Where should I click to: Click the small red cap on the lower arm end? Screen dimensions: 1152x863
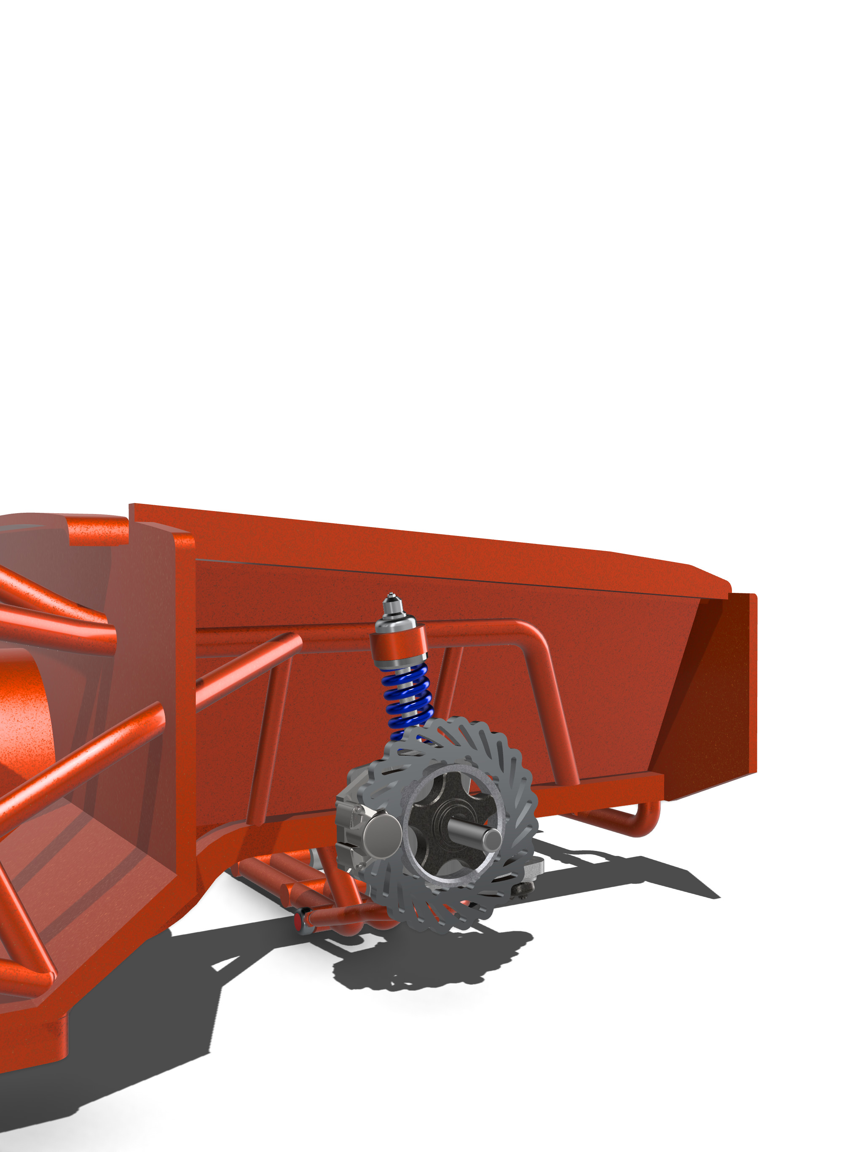pos(298,922)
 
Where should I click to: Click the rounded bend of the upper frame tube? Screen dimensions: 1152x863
pos(531,633)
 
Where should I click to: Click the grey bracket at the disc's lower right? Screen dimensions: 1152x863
pos(533,867)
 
